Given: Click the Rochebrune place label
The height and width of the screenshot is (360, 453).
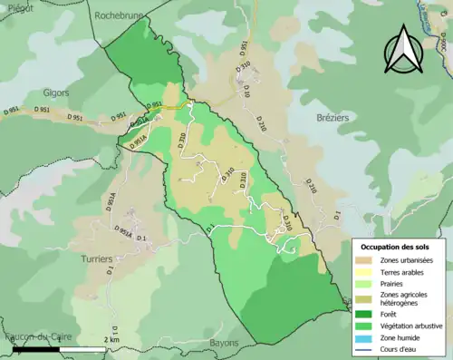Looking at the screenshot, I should pyautogui.click(x=120, y=15).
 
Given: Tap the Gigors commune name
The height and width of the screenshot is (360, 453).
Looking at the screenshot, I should pyautogui.click(x=57, y=92).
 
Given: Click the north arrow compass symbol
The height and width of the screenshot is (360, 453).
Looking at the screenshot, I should pyautogui.click(x=403, y=53).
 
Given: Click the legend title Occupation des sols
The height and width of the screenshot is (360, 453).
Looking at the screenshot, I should pyautogui.click(x=396, y=247).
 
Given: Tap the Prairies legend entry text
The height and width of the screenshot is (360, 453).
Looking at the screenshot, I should pyautogui.click(x=394, y=285).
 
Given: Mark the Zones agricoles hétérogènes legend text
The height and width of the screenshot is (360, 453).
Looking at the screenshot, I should pyautogui.click(x=408, y=301).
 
